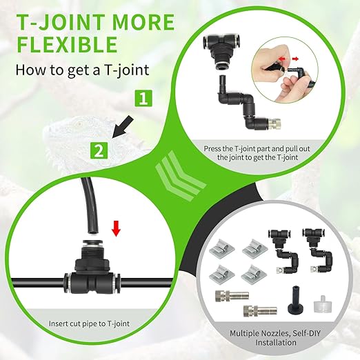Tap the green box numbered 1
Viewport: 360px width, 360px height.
click(x=141, y=99)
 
